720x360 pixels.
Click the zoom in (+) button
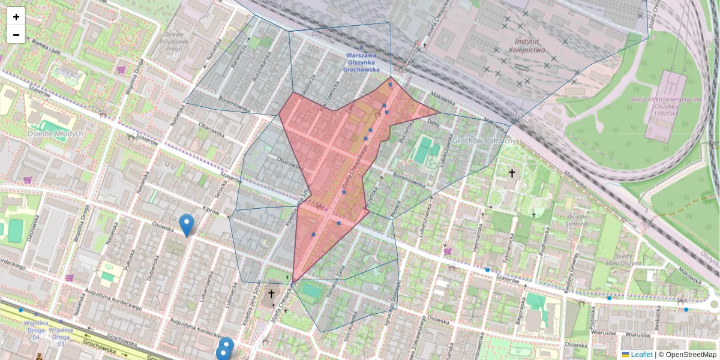click(16, 17)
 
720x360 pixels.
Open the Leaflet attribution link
click(641, 355)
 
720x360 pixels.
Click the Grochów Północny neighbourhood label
click(484, 140)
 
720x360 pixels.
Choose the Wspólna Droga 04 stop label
click(36, 333)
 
